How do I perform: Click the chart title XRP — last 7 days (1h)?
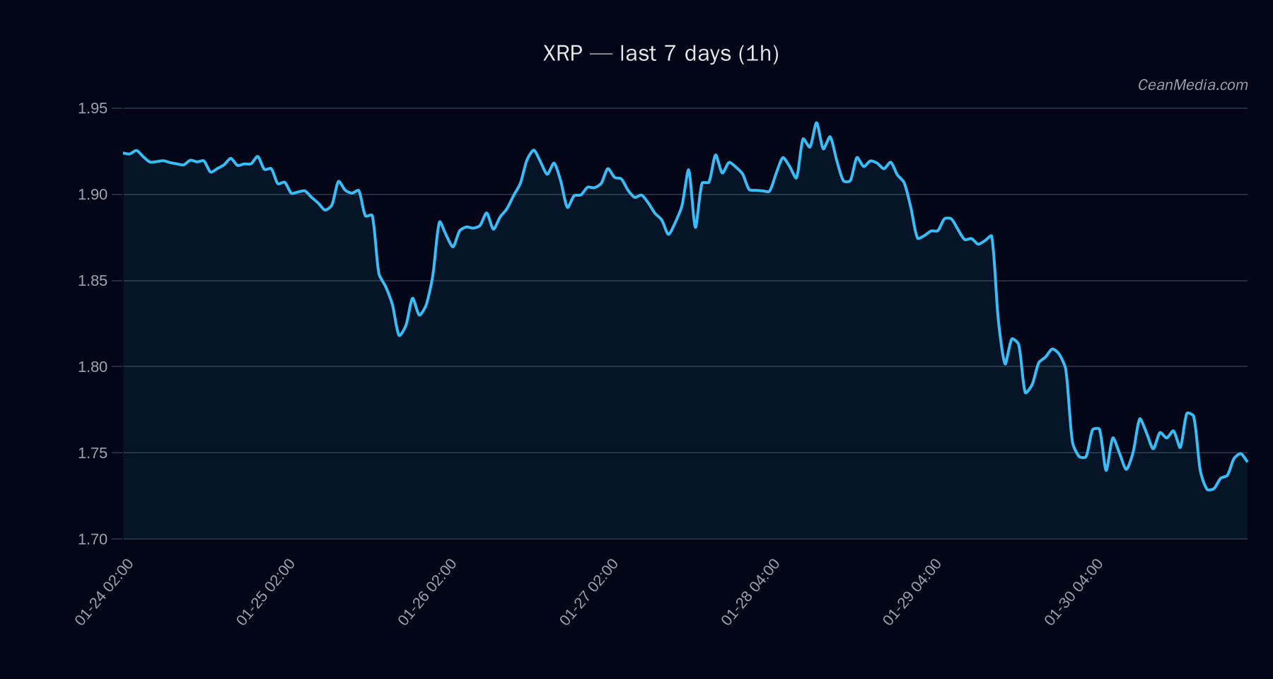coord(661,54)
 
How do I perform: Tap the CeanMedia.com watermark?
coord(1192,85)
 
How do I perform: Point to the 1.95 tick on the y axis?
coord(93,108)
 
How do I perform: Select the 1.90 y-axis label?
coord(93,195)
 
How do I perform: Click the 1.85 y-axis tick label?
coord(93,281)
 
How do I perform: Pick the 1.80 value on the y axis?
coord(93,367)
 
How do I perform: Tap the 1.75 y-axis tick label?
coord(93,453)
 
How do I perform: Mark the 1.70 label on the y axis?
coord(93,540)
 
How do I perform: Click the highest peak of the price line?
coord(816,123)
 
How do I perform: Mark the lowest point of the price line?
coord(1209,489)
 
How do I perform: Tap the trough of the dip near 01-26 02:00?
coord(400,335)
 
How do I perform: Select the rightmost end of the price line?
coord(1247,461)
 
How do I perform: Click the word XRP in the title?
coord(562,54)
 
